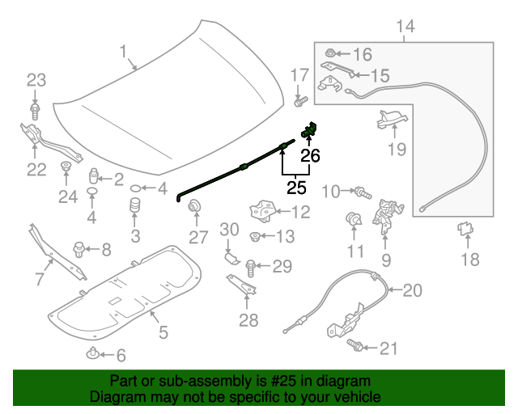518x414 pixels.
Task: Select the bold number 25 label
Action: [297, 188]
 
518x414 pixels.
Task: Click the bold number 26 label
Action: [310, 154]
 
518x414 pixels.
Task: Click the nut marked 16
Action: [333, 54]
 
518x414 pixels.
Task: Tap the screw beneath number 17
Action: [300, 102]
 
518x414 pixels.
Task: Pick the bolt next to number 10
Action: [362, 192]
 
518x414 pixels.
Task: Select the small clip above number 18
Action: [465, 230]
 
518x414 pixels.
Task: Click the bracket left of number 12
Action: [261, 210]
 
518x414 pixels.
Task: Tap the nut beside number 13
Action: [254, 237]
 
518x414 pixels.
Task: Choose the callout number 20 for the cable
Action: [412, 289]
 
